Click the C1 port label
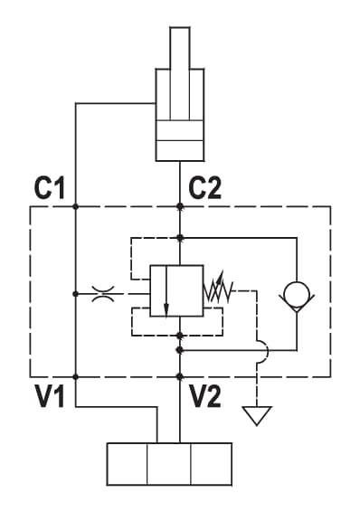click(49, 188)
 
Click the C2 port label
click(205, 188)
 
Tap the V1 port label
click(49, 396)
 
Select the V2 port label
click(205, 396)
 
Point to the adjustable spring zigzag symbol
click(218, 289)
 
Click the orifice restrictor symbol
click(103, 294)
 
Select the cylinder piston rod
click(179, 73)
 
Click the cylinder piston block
click(179, 130)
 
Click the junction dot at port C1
click(76, 206)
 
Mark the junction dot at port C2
click(179, 206)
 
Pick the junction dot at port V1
click(76, 377)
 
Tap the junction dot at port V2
click(179, 377)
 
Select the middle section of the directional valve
click(169, 464)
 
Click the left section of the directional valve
click(127, 464)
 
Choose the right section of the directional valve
click(211, 464)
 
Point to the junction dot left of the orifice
click(76, 294)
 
